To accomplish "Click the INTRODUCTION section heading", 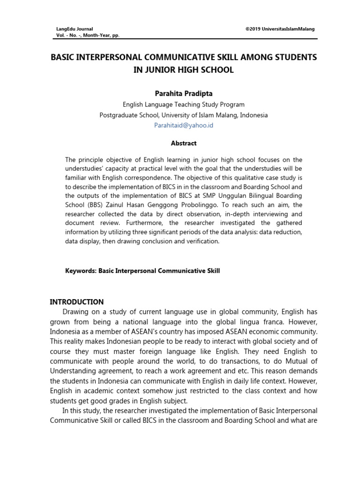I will (77, 302).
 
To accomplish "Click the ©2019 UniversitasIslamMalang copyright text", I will (280, 29).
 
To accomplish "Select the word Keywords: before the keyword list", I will (81, 270).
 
